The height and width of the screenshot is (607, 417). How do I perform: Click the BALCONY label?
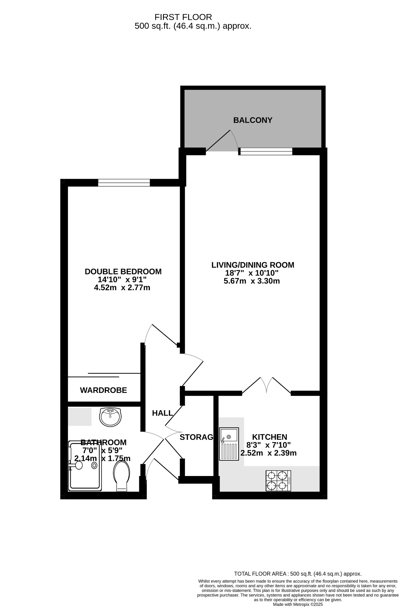click(x=253, y=120)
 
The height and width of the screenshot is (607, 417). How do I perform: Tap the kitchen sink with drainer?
click(x=229, y=444)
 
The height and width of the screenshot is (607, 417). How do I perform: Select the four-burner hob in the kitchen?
click(x=278, y=481)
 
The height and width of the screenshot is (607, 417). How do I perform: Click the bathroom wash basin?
click(x=110, y=417)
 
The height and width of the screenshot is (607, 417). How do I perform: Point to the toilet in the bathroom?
click(x=122, y=477)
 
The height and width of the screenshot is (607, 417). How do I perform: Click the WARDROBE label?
click(x=103, y=390)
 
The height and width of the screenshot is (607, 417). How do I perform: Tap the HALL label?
click(x=162, y=413)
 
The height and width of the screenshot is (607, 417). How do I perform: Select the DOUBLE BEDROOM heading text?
click(x=123, y=271)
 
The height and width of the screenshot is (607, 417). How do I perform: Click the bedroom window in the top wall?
click(x=124, y=183)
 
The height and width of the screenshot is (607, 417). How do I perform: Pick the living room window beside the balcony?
click(x=266, y=151)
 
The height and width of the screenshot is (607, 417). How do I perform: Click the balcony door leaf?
click(x=218, y=141)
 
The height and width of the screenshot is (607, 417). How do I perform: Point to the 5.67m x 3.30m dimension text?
click(x=252, y=281)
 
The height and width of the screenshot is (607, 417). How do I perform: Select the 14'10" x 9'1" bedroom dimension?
click(x=122, y=279)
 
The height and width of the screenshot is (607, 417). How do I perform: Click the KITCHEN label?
click(x=269, y=437)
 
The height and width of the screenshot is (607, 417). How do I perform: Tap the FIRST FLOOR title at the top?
click(x=183, y=17)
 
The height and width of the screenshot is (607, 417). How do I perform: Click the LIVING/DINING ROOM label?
click(x=253, y=265)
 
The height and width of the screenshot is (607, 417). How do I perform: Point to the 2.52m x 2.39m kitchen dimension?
click(x=269, y=453)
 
